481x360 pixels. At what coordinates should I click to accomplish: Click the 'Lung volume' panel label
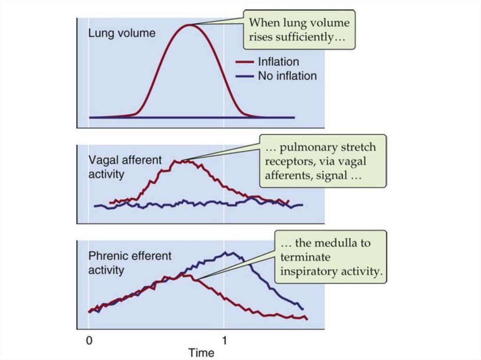(122, 33)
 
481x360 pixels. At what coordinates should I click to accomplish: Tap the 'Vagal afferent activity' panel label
(125, 167)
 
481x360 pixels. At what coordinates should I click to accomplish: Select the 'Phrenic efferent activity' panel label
(130, 263)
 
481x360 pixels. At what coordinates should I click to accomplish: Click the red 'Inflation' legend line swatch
(244, 62)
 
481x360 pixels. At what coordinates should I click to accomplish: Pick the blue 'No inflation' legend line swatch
(244, 76)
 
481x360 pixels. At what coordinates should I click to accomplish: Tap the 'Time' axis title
(201, 352)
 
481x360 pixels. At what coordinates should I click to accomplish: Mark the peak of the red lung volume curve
(189, 25)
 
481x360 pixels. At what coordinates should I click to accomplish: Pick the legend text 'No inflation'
(287, 76)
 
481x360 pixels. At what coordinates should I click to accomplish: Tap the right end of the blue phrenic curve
(303, 309)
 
